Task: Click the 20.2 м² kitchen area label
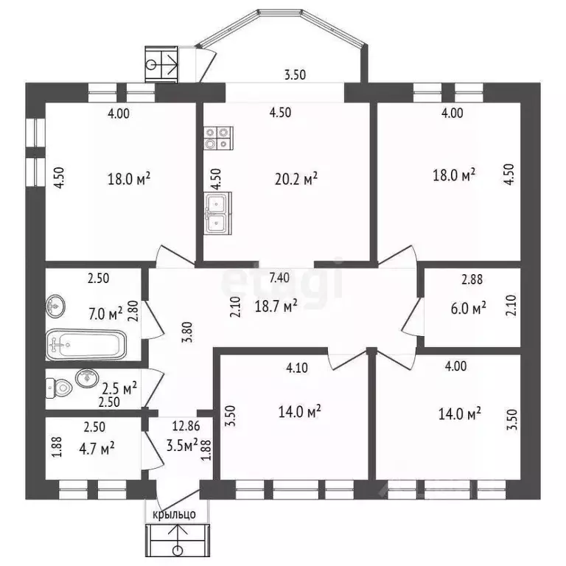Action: (296, 178)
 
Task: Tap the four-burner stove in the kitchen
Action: (218, 139)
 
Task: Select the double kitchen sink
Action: (217, 213)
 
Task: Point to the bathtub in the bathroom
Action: (86, 345)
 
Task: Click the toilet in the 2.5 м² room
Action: (59, 388)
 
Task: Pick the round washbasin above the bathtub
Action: (55, 306)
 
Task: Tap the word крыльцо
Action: (175, 514)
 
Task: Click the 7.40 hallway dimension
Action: (279, 278)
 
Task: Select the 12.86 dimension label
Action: (186, 426)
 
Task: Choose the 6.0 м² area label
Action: (468, 308)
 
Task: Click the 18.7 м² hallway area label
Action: (276, 306)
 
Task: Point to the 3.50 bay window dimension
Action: (296, 74)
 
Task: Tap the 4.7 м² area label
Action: (97, 449)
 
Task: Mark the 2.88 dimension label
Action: (472, 279)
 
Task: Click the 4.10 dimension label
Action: (297, 368)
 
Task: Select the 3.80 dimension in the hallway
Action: (189, 332)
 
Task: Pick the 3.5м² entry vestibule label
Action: (182, 445)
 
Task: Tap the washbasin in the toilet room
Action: (87, 378)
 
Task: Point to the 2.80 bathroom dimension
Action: (133, 311)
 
